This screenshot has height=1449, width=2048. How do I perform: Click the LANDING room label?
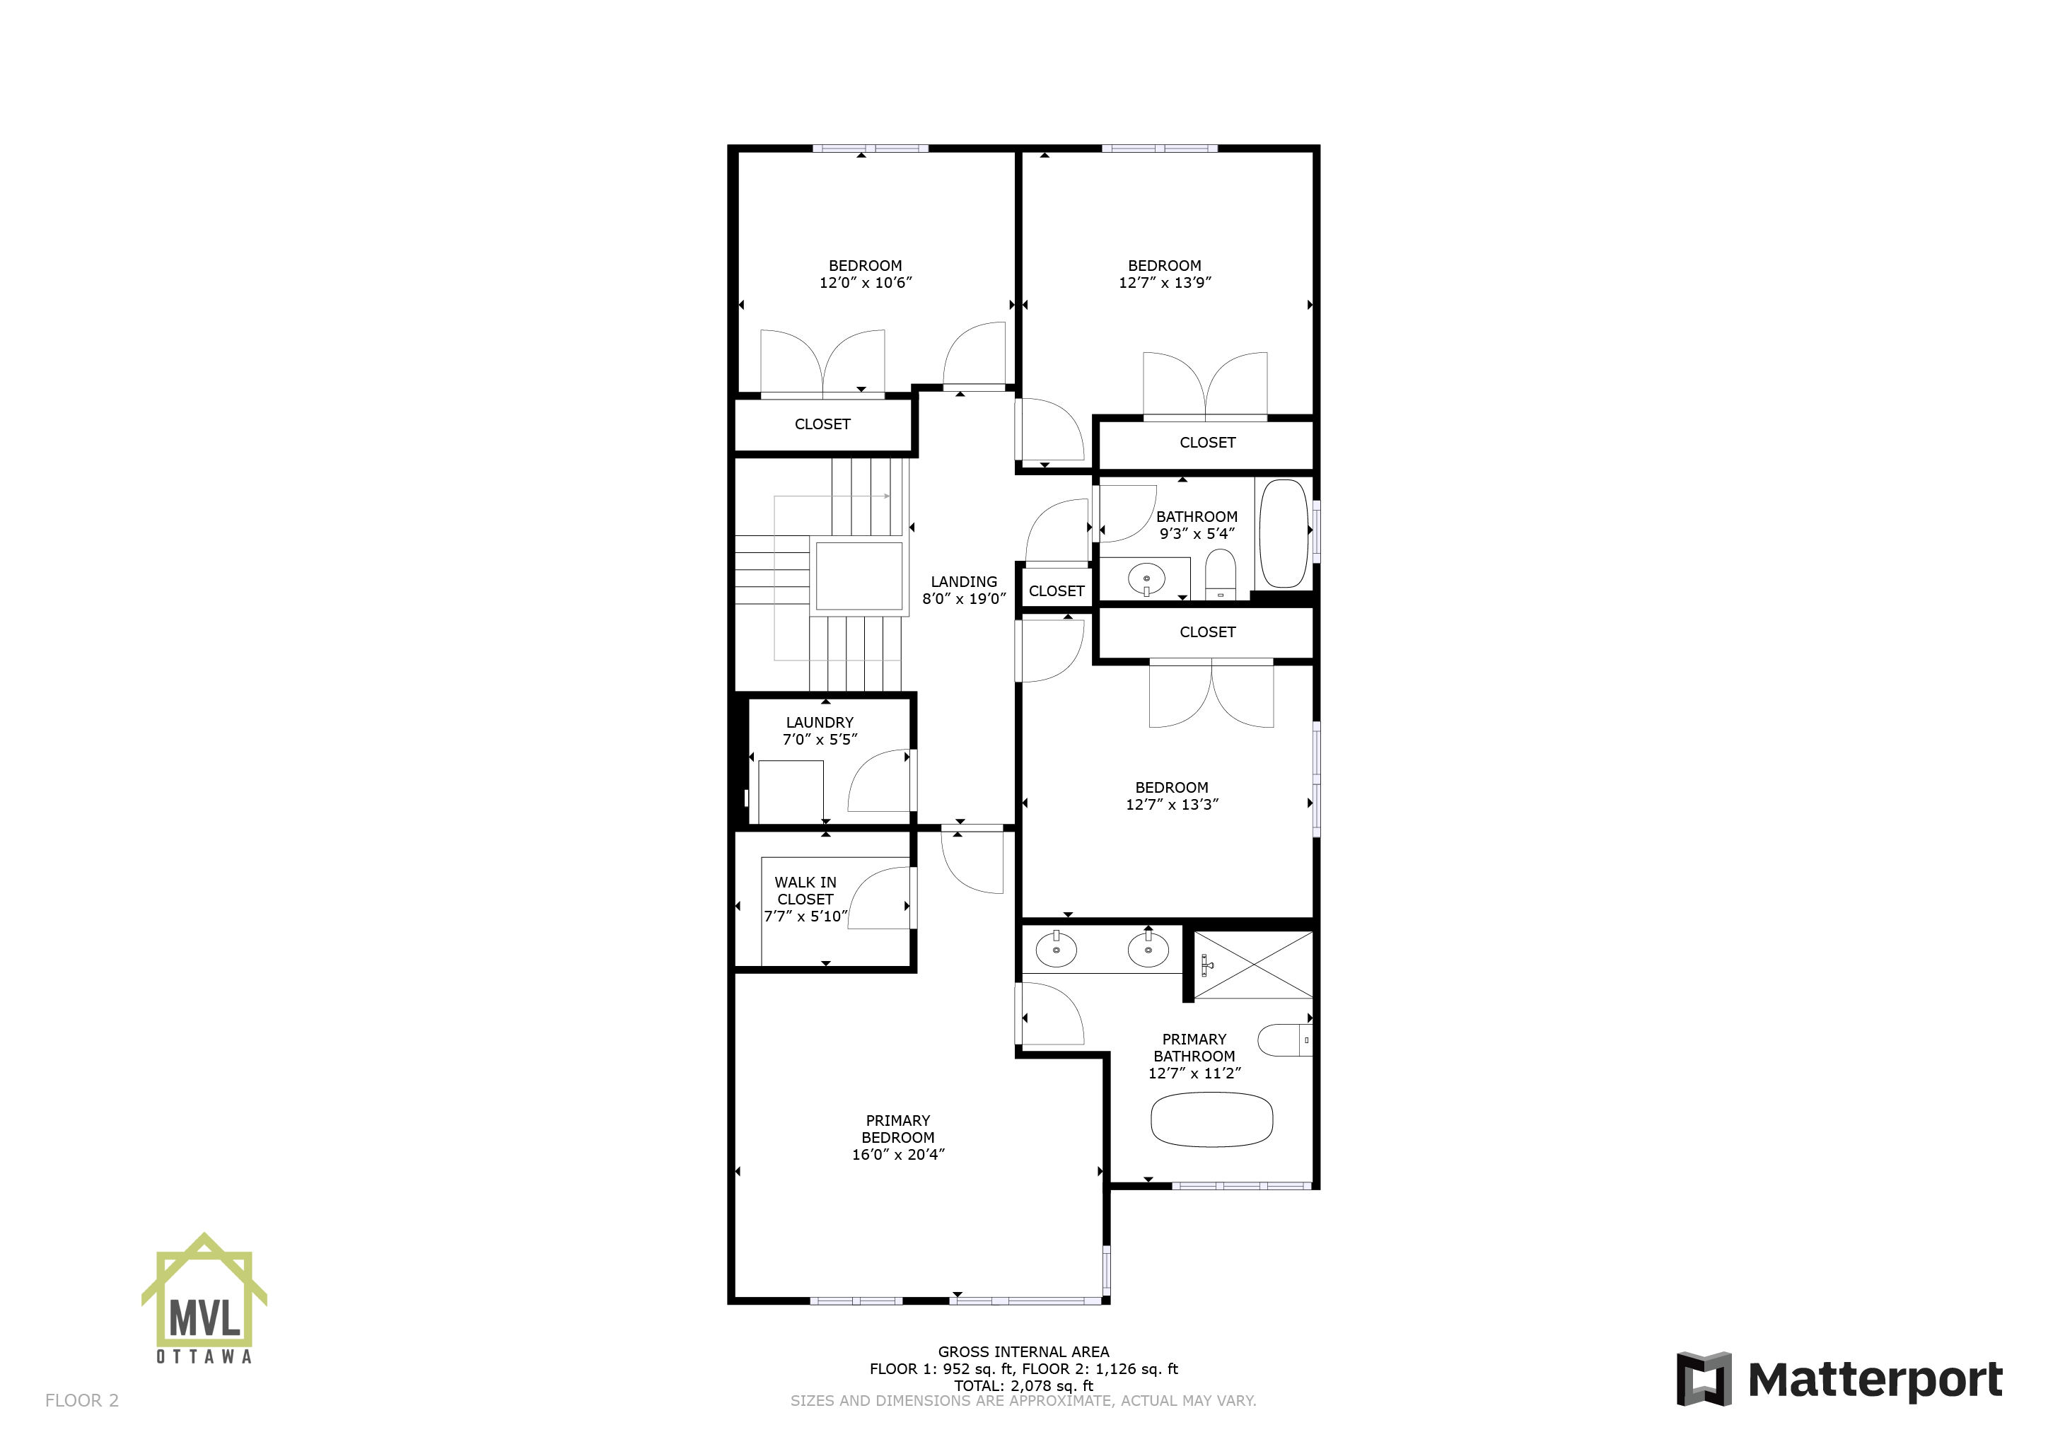963,582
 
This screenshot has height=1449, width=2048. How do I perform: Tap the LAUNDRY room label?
820,723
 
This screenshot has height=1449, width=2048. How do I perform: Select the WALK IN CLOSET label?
805,890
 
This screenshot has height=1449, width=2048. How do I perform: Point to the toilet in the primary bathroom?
1284,1040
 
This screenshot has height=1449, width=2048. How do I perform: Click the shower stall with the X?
1253,965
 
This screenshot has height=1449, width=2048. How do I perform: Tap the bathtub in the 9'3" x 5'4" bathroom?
1283,533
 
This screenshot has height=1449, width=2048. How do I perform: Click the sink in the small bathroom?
1146,579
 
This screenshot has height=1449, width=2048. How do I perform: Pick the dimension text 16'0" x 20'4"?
897,1155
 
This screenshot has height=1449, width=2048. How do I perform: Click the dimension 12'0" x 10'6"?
865,283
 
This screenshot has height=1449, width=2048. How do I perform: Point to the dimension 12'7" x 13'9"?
1165,283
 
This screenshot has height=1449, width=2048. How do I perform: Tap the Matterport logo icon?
1704,1378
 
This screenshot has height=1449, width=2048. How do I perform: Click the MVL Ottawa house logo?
204,1298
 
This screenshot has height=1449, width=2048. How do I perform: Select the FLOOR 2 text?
82,1401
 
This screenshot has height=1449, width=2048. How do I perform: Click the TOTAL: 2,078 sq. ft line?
1023,1385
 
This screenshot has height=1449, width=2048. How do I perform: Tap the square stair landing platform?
859,576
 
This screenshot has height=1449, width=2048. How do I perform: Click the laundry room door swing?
878,781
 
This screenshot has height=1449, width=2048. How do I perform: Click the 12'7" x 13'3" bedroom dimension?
1172,805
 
